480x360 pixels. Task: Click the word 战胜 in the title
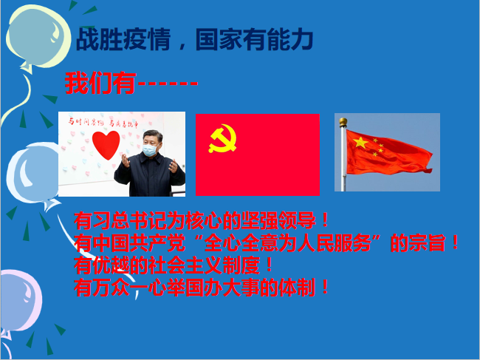[99, 39]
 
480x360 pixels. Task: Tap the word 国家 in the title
[219, 39]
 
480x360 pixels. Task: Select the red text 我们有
[100, 83]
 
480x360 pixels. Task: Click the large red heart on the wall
[106, 145]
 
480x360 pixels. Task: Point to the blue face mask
[150, 149]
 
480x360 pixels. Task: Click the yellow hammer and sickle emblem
[222, 138]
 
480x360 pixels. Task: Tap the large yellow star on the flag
[360, 143]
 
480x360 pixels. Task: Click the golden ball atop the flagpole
[343, 122]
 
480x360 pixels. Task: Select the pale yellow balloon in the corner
[38, 37]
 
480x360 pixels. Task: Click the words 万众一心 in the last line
[129, 288]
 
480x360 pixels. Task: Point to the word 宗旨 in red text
[427, 243]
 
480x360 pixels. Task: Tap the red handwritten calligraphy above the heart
[103, 123]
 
